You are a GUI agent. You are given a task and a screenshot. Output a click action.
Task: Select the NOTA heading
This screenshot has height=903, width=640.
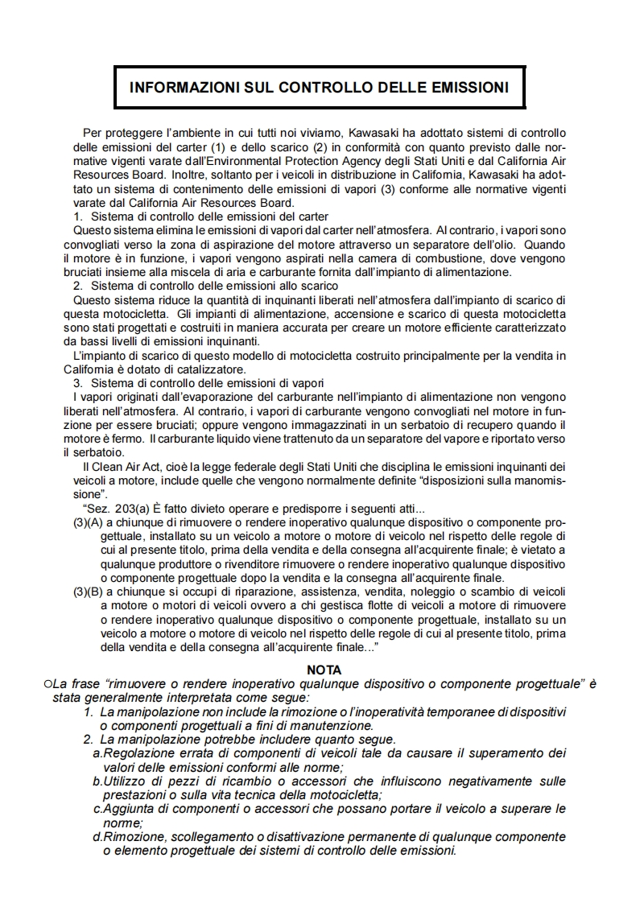[x=324, y=670]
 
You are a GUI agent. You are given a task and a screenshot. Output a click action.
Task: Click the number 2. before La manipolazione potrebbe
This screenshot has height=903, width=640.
[x=89, y=739]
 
